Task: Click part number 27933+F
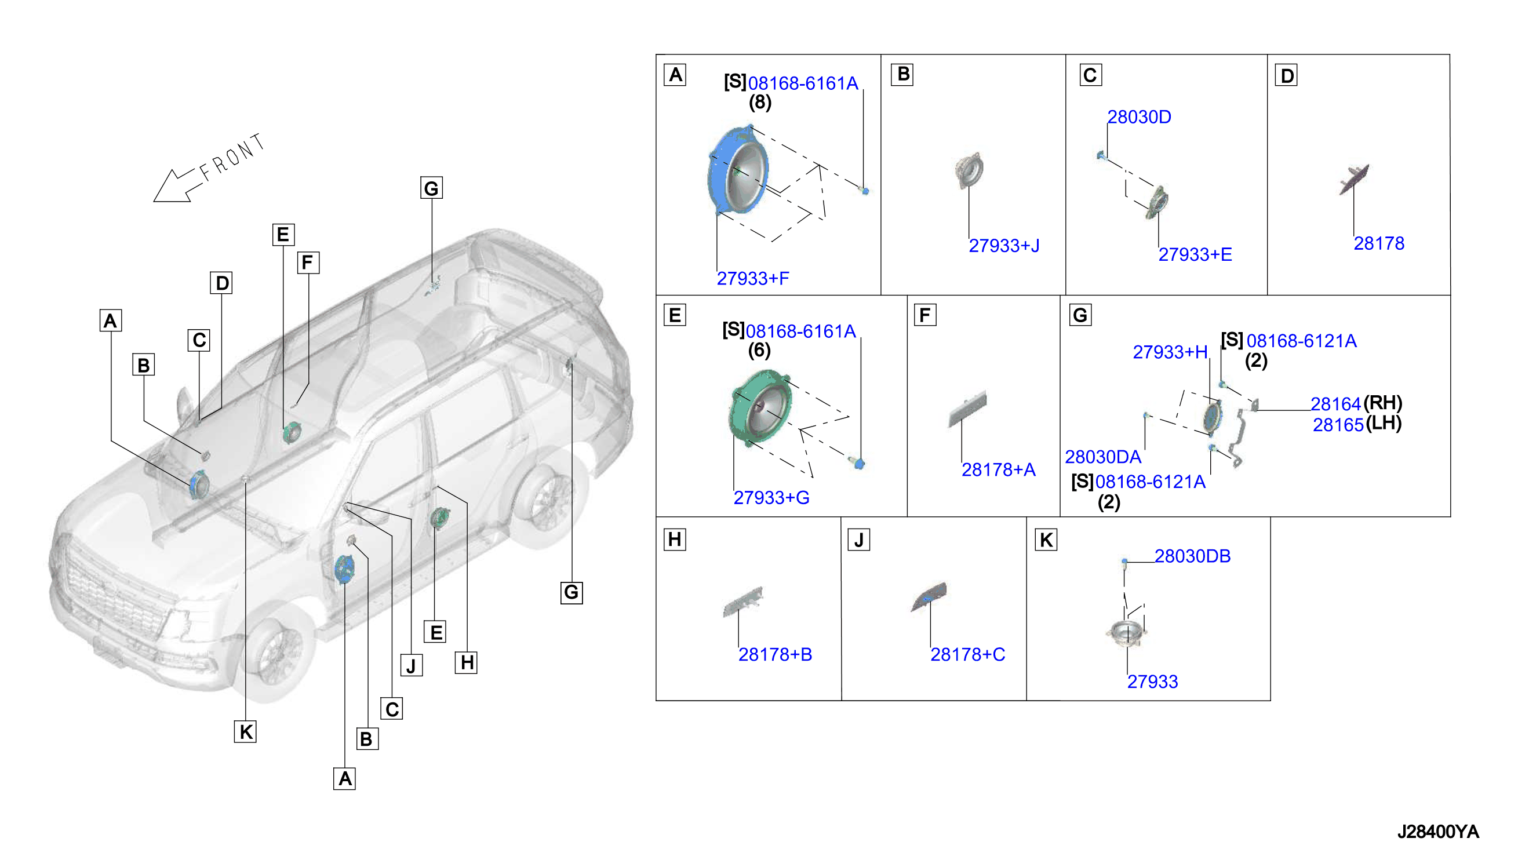[752, 278]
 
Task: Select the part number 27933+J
[1003, 245]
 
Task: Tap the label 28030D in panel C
[1139, 117]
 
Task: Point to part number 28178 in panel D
[1379, 243]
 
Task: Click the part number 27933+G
[771, 498]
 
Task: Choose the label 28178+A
[998, 470]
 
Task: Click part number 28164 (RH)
[1356, 403]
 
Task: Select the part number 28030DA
[1103, 457]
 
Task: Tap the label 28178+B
[775, 654]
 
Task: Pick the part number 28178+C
[967, 654]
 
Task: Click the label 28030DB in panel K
[1192, 556]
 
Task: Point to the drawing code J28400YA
[1437, 832]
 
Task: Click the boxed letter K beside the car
[245, 732]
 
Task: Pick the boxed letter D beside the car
[221, 283]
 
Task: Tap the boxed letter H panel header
[675, 540]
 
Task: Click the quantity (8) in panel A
[760, 103]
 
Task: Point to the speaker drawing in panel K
[1126, 634]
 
